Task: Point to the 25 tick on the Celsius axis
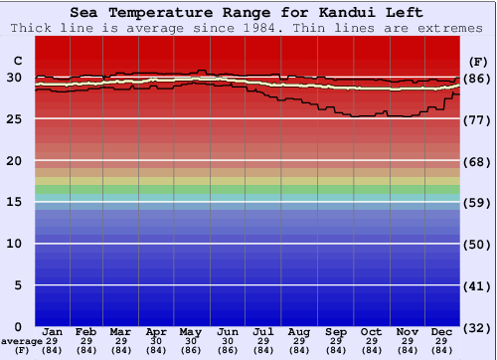point(15,119)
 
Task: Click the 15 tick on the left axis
point(15,202)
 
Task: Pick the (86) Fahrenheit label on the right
point(476,79)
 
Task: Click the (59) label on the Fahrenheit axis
point(476,203)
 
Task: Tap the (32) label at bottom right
point(476,327)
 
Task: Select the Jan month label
point(53,331)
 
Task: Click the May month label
point(189,331)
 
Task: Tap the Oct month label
point(371,331)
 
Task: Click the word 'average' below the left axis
point(22,341)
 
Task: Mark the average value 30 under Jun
point(227,341)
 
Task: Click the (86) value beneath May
point(189,350)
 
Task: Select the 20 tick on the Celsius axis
point(15,161)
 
